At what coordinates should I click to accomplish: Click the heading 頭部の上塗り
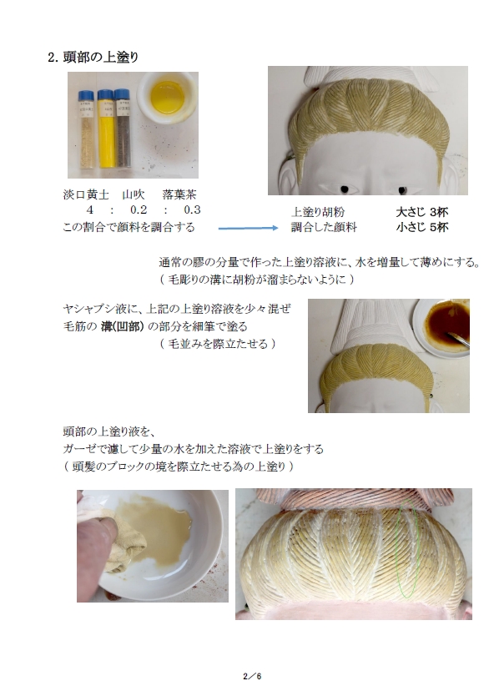101,58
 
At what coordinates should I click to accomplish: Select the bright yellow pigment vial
106,129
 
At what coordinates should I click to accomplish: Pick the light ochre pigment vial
87,129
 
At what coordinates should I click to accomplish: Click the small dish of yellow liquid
168,98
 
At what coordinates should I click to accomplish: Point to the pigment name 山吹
134,194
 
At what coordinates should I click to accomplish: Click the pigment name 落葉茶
179,194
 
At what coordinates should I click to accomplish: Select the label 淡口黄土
86,194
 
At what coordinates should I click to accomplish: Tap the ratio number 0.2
139,209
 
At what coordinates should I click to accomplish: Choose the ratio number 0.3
192,209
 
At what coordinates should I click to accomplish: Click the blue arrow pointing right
248,228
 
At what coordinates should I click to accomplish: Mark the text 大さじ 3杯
422,212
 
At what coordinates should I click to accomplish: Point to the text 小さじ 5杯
422,227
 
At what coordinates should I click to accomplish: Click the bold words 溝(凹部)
123,326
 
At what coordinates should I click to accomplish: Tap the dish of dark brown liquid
441,327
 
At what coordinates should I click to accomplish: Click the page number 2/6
253,676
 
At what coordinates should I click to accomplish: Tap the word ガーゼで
81,449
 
